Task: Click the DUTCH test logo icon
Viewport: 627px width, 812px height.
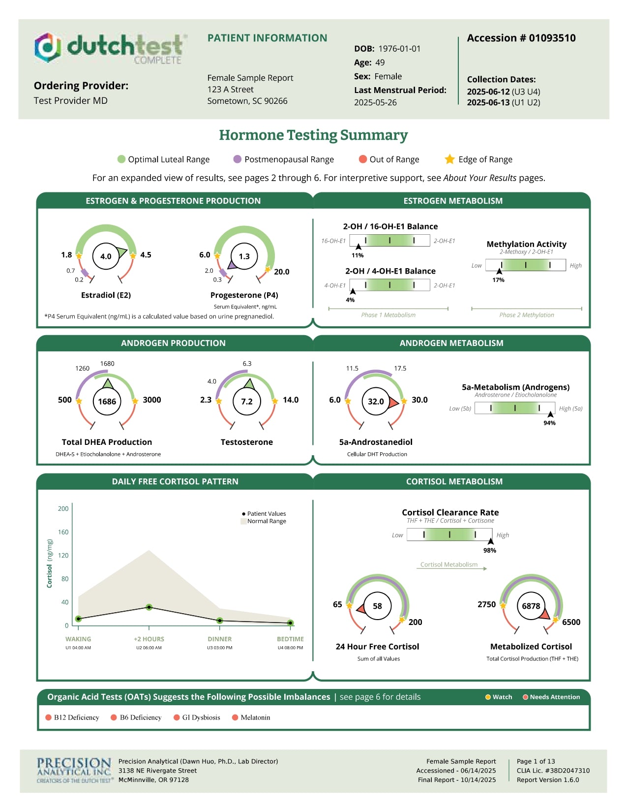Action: point(48,47)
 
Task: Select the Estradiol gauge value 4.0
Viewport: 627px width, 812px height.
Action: point(106,256)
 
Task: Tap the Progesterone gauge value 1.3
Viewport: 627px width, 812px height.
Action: point(244,256)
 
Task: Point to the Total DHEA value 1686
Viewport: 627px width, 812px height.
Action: point(107,402)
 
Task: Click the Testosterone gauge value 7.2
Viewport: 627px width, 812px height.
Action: point(246,402)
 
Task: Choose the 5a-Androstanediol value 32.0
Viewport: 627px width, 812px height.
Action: point(376,402)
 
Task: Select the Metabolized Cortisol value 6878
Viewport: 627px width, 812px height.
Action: point(531,606)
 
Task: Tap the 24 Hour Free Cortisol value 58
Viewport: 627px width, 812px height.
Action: point(377,606)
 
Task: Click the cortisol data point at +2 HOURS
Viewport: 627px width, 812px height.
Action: point(149,607)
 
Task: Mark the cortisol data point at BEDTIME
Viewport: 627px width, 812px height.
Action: point(290,623)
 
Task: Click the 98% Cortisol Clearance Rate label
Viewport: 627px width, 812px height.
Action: point(489,551)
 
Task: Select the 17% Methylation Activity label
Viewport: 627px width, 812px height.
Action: point(498,280)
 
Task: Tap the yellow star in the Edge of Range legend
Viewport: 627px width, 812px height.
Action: point(449,159)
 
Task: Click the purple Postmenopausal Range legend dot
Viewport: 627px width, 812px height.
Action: point(238,159)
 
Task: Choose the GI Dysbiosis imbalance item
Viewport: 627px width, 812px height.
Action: point(201,718)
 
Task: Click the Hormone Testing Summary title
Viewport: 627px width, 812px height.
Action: point(313,135)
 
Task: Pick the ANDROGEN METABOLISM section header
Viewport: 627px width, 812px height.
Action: point(451,343)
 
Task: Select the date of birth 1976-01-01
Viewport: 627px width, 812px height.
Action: point(399,49)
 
